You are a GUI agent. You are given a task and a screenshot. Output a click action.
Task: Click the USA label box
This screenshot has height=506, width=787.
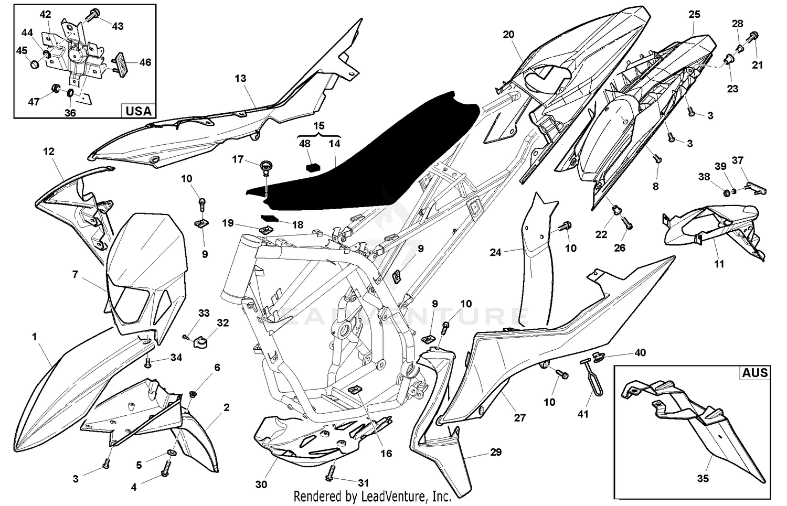coord(139,111)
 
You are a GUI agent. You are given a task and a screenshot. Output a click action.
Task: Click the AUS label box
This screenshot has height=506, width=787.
coord(754,373)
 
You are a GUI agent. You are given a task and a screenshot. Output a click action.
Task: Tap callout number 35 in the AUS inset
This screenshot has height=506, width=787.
coord(703,478)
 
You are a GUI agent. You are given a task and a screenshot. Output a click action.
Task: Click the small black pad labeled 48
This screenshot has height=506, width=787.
coord(313,167)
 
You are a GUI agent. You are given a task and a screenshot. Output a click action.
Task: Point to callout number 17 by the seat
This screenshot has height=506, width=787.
coord(238,159)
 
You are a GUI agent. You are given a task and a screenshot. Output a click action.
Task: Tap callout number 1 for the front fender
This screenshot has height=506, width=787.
coord(35,337)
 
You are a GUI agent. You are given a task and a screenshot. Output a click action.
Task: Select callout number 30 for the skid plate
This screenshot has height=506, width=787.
coord(261,485)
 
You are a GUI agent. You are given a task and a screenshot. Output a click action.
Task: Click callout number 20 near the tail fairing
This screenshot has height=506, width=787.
coord(508,35)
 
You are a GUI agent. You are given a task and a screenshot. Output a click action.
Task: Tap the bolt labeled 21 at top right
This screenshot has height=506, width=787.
coord(754,37)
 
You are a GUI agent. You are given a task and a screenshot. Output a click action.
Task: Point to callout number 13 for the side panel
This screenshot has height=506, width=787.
coord(240,79)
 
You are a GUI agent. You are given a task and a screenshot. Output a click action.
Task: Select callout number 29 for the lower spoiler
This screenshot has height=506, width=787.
coord(495,452)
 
